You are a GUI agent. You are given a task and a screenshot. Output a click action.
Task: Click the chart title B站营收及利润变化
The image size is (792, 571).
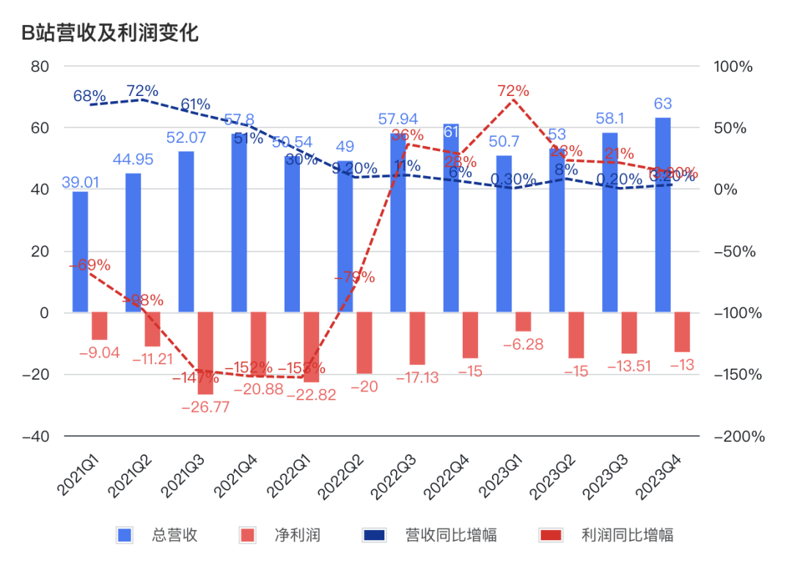110,33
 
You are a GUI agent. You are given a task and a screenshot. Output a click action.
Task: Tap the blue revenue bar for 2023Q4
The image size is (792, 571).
662,215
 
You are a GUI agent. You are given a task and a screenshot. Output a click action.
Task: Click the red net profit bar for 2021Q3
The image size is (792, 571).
205,353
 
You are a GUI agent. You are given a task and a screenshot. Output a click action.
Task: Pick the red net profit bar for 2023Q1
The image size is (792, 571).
523,322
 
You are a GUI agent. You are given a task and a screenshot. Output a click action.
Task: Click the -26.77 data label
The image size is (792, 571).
205,407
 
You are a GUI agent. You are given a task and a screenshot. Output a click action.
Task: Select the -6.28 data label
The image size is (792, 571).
523,344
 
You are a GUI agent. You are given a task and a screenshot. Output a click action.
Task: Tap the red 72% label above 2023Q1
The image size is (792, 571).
513,91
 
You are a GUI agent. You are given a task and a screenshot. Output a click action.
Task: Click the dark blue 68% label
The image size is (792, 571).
89,96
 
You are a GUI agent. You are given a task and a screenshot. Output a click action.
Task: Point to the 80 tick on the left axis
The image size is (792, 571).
40,66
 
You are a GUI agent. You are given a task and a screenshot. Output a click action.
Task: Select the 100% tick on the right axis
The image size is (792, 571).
733,66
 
